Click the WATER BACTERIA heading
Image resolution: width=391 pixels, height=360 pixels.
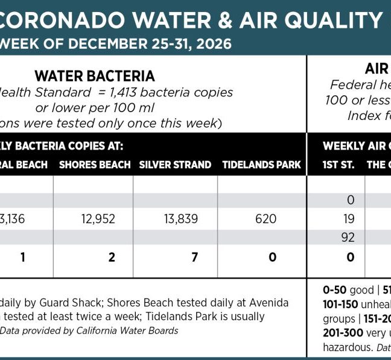[95, 76]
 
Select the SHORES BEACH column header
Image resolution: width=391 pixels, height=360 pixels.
[95, 165]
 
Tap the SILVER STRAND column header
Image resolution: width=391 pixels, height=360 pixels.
[175, 165]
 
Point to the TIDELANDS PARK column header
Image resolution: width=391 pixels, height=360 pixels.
[261, 165]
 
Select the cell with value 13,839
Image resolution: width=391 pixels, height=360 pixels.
[181, 219]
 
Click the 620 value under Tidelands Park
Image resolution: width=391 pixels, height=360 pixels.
[265, 219]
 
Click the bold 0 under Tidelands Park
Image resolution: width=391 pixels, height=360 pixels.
[273, 257]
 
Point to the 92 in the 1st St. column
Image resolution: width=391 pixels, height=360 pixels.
[348, 238]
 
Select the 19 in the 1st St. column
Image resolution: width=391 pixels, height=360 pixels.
[348, 219]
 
